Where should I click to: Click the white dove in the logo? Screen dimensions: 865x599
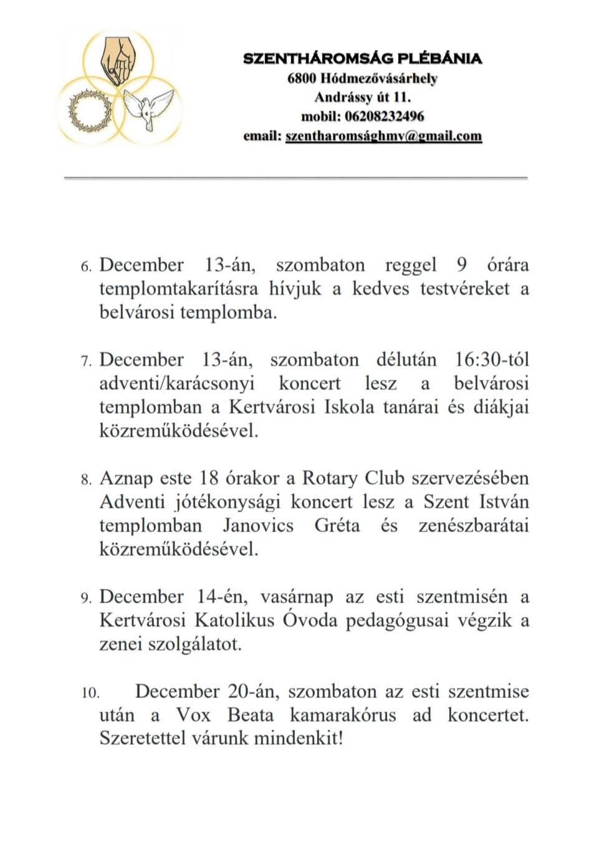pos(148,107)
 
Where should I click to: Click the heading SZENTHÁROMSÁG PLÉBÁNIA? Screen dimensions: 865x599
pos(362,59)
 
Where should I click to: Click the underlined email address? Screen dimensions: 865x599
pos(383,136)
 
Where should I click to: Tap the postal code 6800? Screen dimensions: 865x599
pos(304,79)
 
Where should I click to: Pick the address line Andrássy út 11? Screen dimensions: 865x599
pos(362,97)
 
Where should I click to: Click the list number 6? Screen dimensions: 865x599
pos(86,267)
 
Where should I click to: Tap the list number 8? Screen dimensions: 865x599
pos(86,480)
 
